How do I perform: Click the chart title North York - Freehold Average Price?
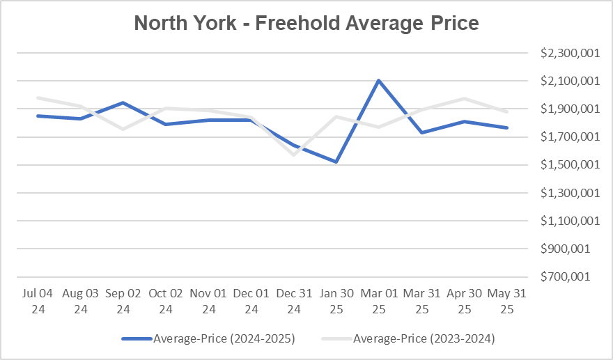[x=306, y=23]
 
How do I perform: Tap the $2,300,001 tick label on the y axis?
[x=570, y=54]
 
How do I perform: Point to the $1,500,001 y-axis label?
[x=570, y=165]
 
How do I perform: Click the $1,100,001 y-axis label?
[x=570, y=221]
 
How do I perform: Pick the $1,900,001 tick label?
[x=570, y=109]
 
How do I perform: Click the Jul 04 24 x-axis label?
[x=39, y=301]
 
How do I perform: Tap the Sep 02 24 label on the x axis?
[x=123, y=301]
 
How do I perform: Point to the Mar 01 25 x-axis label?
[x=378, y=301]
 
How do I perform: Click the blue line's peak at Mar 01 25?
[x=378, y=81]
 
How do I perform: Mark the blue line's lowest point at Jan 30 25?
[x=336, y=162]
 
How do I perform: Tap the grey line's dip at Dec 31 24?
[x=293, y=154]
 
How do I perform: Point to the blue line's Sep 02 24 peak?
[x=123, y=103]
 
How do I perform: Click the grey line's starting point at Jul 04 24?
[x=39, y=98]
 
